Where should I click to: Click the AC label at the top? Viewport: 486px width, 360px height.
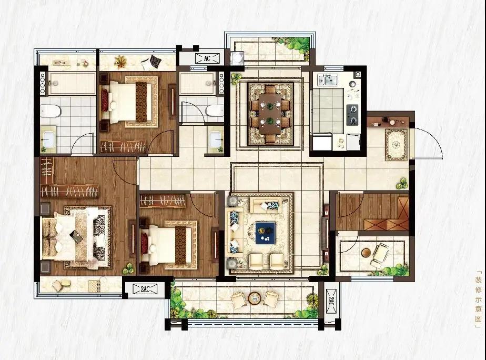pyautogui.click(x=207, y=58)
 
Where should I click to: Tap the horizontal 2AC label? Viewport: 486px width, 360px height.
pyautogui.click(x=145, y=289)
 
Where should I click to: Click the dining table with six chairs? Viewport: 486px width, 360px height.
pyautogui.click(x=270, y=114)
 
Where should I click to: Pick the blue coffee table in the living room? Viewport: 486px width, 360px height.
pyautogui.click(x=265, y=232)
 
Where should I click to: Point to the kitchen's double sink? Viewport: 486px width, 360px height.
pyautogui.click(x=327, y=79)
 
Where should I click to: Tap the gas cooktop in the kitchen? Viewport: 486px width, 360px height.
pyautogui.click(x=352, y=114)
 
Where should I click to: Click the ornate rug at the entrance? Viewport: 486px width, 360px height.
pyautogui.click(x=397, y=145)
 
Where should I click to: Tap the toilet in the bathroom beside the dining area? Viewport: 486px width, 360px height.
pyautogui.click(x=215, y=110)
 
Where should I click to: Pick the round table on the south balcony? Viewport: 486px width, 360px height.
pyautogui.click(x=254, y=298)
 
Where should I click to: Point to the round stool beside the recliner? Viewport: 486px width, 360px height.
pyautogui.click(x=367, y=253)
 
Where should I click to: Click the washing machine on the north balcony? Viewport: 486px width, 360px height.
pyautogui.click(x=238, y=58)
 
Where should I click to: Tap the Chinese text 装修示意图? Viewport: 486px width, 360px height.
pyautogui.click(x=479, y=299)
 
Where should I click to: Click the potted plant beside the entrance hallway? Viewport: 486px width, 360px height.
pyautogui.click(x=402, y=183)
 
